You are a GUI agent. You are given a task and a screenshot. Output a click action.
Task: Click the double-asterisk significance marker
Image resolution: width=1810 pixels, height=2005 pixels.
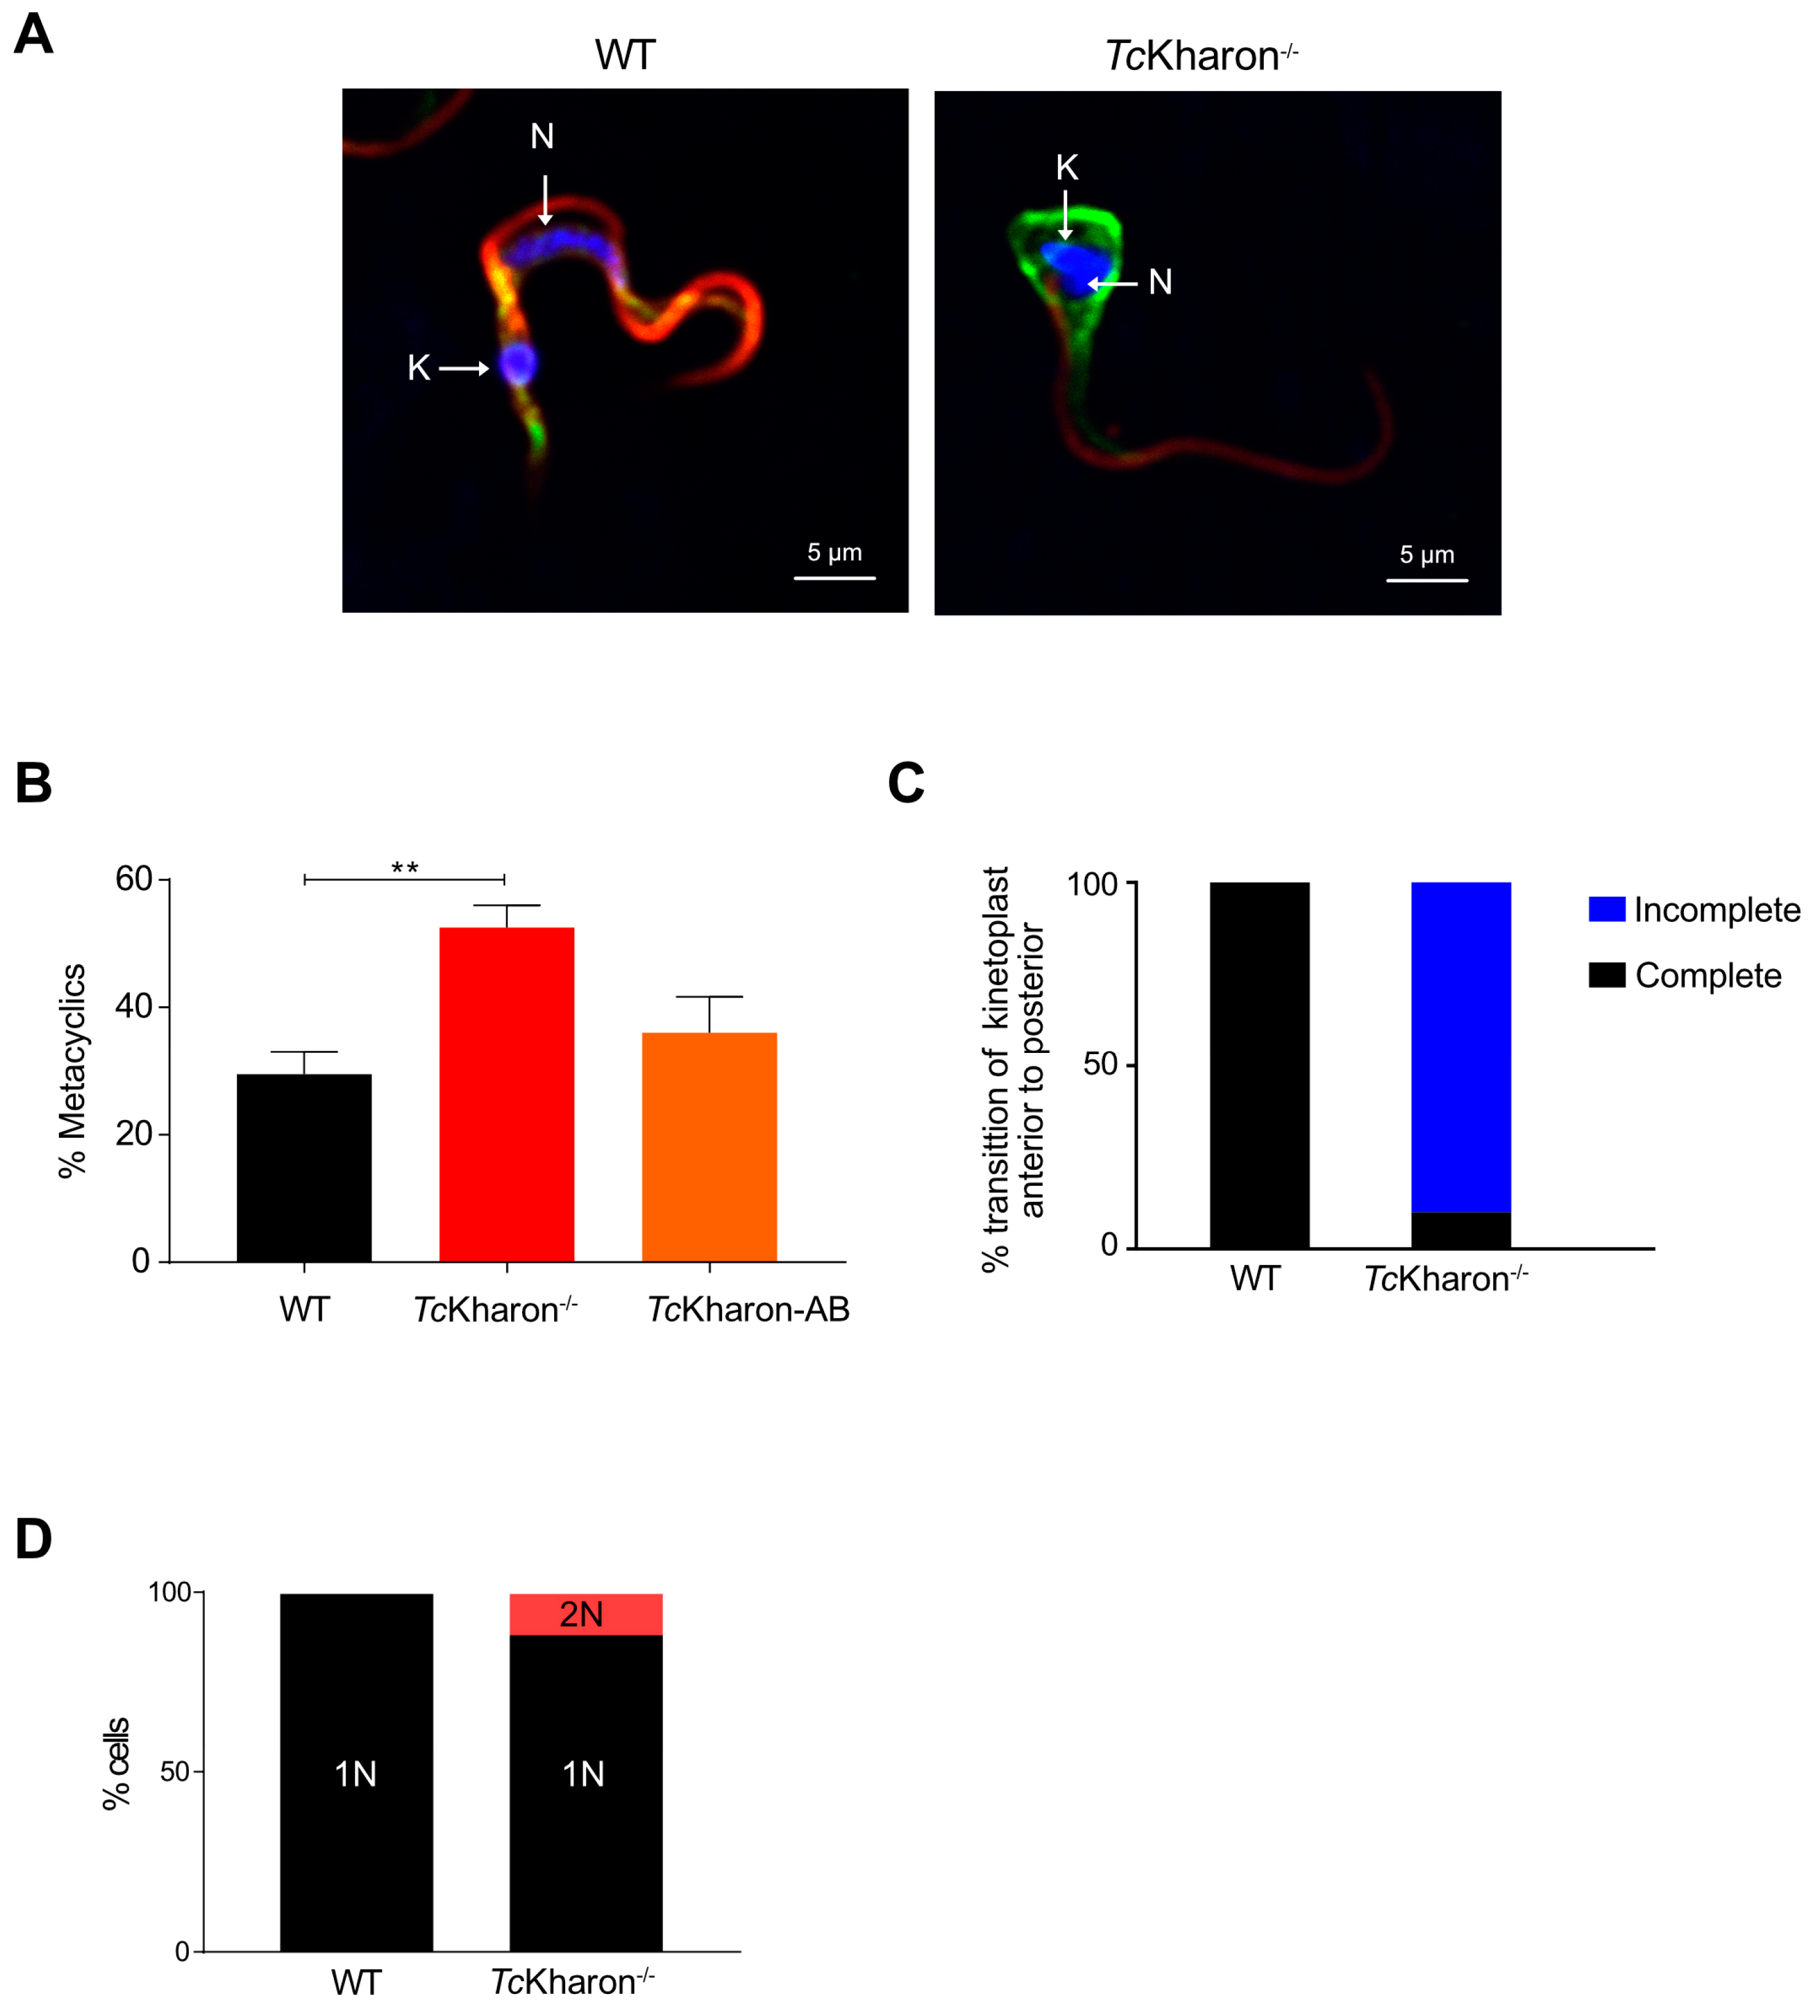[x=405, y=868]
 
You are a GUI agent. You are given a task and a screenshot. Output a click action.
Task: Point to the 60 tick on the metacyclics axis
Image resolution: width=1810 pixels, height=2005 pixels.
[x=133, y=879]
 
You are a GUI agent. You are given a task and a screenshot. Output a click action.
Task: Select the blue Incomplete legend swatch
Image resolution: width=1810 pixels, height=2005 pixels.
[x=1606, y=909]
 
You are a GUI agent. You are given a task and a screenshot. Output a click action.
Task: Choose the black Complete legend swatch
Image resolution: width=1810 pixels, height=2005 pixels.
[x=1606, y=975]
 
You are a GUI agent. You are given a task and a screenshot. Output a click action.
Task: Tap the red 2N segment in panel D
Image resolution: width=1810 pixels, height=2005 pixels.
[x=585, y=1613]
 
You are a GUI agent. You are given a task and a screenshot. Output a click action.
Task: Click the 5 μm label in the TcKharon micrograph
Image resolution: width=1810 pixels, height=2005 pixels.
[x=1426, y=555]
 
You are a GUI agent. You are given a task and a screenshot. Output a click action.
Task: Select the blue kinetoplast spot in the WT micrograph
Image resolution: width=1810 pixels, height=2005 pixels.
[x=518, y=365]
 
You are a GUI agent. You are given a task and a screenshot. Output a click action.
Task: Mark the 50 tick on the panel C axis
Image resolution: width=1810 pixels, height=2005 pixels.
[x=1101, y=1064]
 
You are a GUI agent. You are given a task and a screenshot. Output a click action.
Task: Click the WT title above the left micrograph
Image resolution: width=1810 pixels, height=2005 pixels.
[x=624, y=55]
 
